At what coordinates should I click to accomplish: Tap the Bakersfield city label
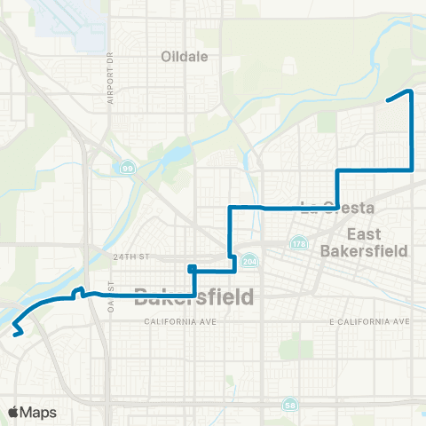coord(193,296)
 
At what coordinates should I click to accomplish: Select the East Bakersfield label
coord(377,241)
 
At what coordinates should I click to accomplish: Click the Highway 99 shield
coord(129,167)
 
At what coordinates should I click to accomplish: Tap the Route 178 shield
coord(299,242)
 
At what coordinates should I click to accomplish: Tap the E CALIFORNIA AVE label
coord(368,320)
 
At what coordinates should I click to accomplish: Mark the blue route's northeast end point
coord(388,101)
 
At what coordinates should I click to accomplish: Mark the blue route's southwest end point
coord(17,335)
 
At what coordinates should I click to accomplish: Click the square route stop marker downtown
coord(191,267)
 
